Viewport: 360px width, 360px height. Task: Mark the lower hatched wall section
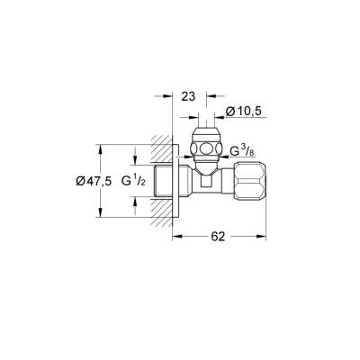162,211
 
